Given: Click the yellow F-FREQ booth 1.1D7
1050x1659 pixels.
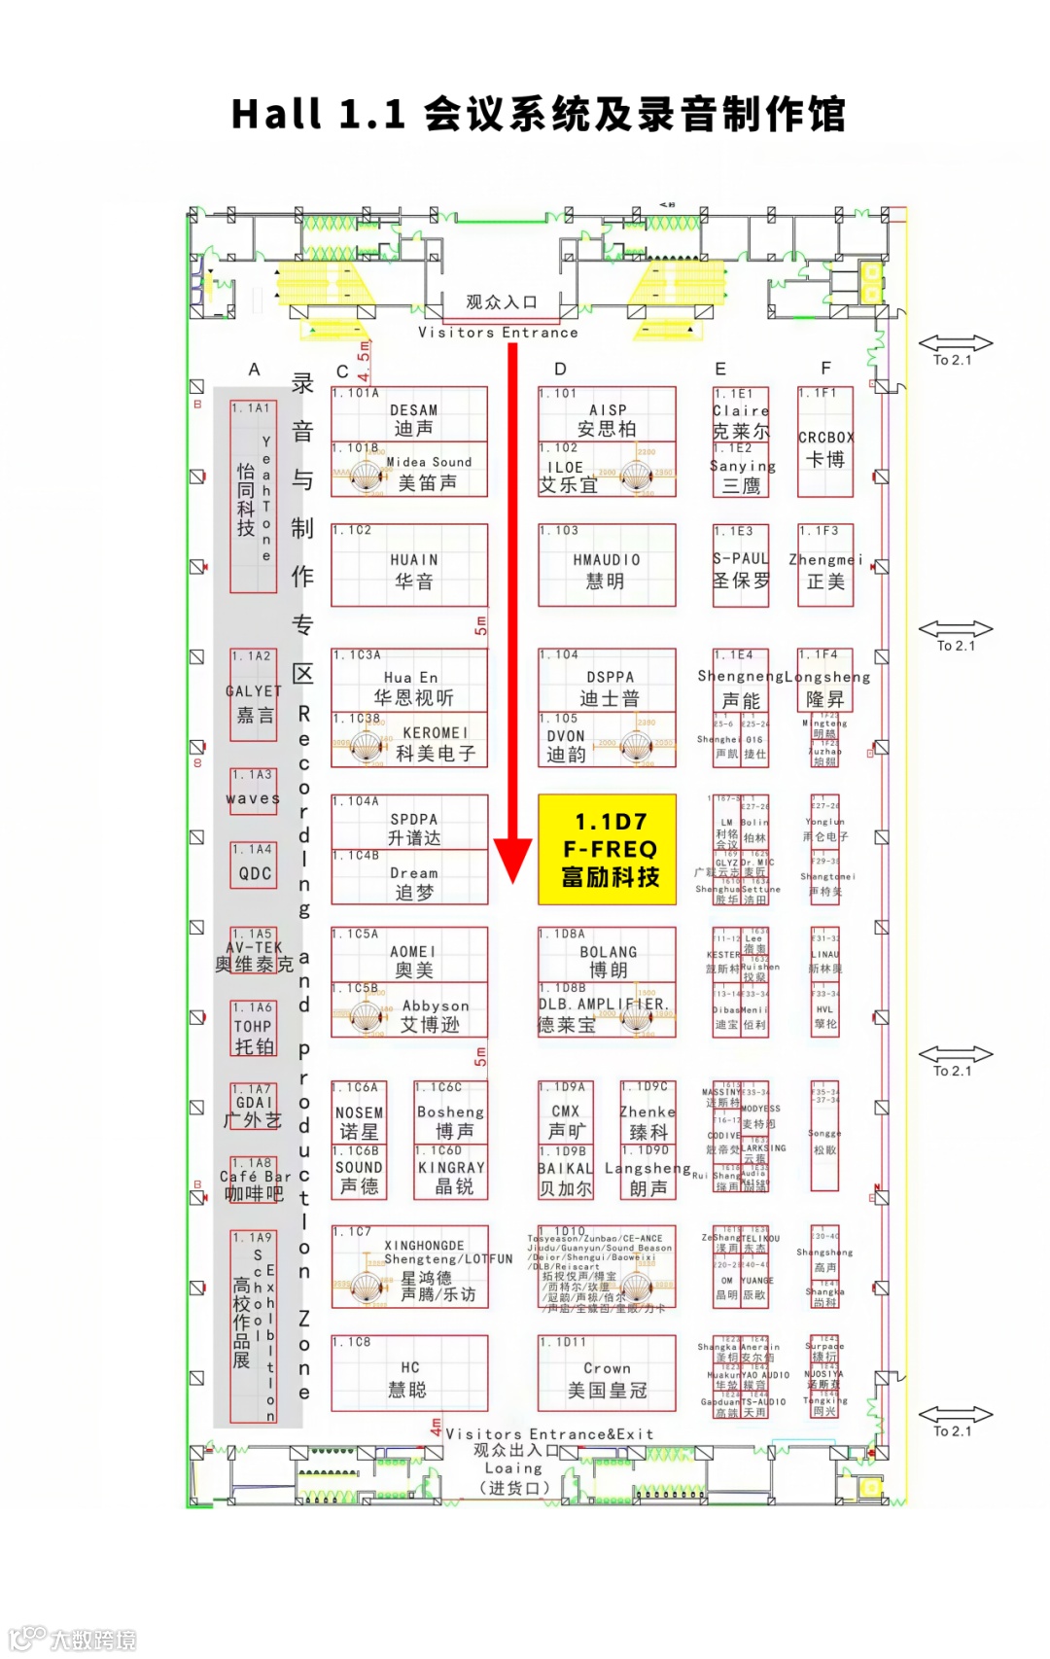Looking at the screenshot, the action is click(607, 849).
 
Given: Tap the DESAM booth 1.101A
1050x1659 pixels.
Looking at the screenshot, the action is click(409, 415).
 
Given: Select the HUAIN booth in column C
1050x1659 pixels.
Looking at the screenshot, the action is click(409, 567).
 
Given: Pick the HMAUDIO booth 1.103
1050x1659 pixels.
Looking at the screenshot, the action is click(607, 567).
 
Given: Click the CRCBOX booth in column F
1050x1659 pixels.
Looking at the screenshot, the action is click(825, 441).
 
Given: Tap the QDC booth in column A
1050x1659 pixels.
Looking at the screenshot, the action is click(254, 869).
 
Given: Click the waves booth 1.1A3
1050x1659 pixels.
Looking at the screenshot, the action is click(253, 794).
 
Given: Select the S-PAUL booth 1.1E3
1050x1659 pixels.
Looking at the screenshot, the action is click(741, 567).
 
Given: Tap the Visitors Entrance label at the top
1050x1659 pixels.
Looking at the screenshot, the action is click(498, 333).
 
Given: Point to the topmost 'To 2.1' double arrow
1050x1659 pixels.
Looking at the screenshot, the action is click(956, 343).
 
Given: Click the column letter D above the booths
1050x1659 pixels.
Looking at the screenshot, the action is click(560, 370).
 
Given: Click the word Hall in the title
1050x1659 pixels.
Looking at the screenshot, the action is click(276, 114).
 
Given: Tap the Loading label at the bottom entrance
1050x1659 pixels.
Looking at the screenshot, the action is click(513, 1468).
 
